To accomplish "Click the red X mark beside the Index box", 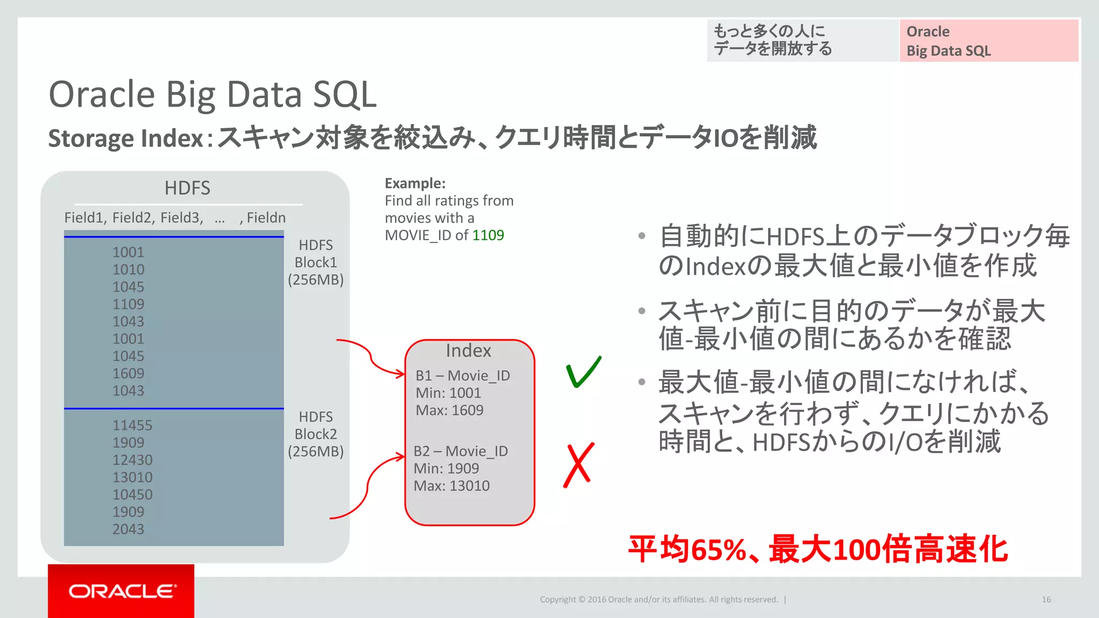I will (578, 465).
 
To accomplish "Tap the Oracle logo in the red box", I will (122, 591).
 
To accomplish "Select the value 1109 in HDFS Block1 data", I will (128, 304).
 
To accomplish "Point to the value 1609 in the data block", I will (128, 373).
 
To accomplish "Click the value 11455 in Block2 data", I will (132, 425).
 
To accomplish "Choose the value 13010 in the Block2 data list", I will (132, 477).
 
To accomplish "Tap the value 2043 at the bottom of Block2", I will (128, 529).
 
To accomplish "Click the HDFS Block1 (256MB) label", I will (316, 262).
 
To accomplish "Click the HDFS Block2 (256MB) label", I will (316, 434).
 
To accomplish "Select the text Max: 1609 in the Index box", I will (449, 410).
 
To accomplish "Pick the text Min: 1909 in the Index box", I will (446, 468).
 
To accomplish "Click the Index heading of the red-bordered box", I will (468, 351).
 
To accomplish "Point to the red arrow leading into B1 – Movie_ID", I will (370, 357).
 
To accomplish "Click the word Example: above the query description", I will (415, 183).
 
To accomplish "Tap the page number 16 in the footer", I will (1046, 599).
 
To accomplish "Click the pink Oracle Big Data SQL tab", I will (988, 41).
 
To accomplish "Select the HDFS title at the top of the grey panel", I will (187, 188).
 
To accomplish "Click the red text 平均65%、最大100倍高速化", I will (818, 549).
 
